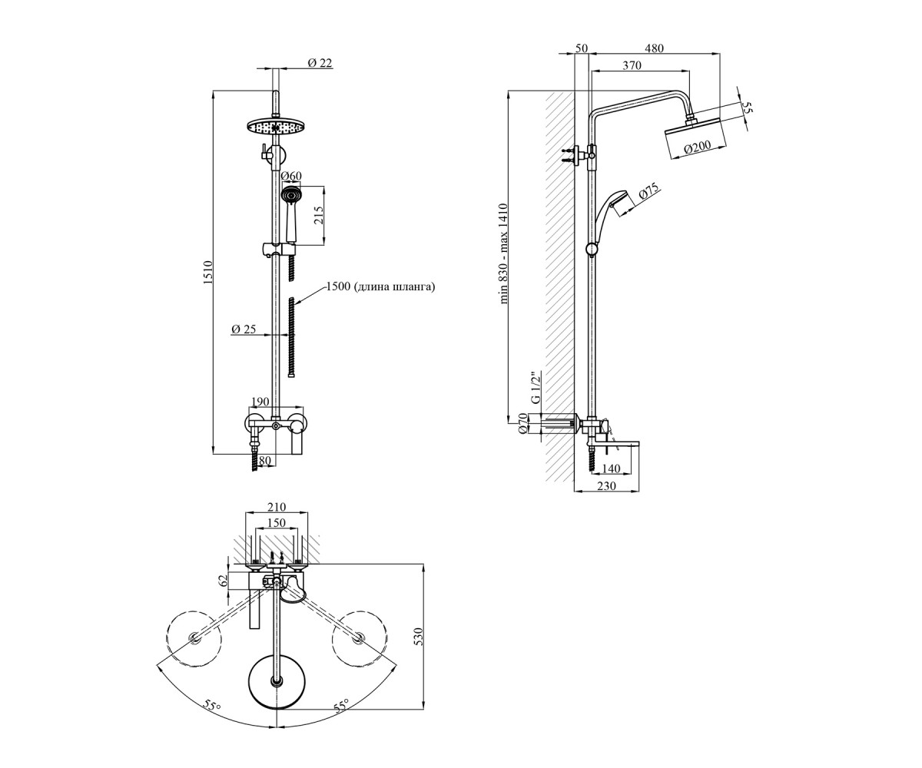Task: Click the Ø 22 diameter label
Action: [320, 63]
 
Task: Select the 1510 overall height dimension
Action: [208, 273]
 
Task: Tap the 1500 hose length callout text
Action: [380, 286]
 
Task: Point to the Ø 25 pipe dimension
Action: [244, 329]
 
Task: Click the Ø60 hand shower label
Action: [291, 176]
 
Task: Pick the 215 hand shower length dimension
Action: [319, 215]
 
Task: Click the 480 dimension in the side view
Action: [654, 48]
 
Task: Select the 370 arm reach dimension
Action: [632, 65]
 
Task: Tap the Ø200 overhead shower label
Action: [698, 147]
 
